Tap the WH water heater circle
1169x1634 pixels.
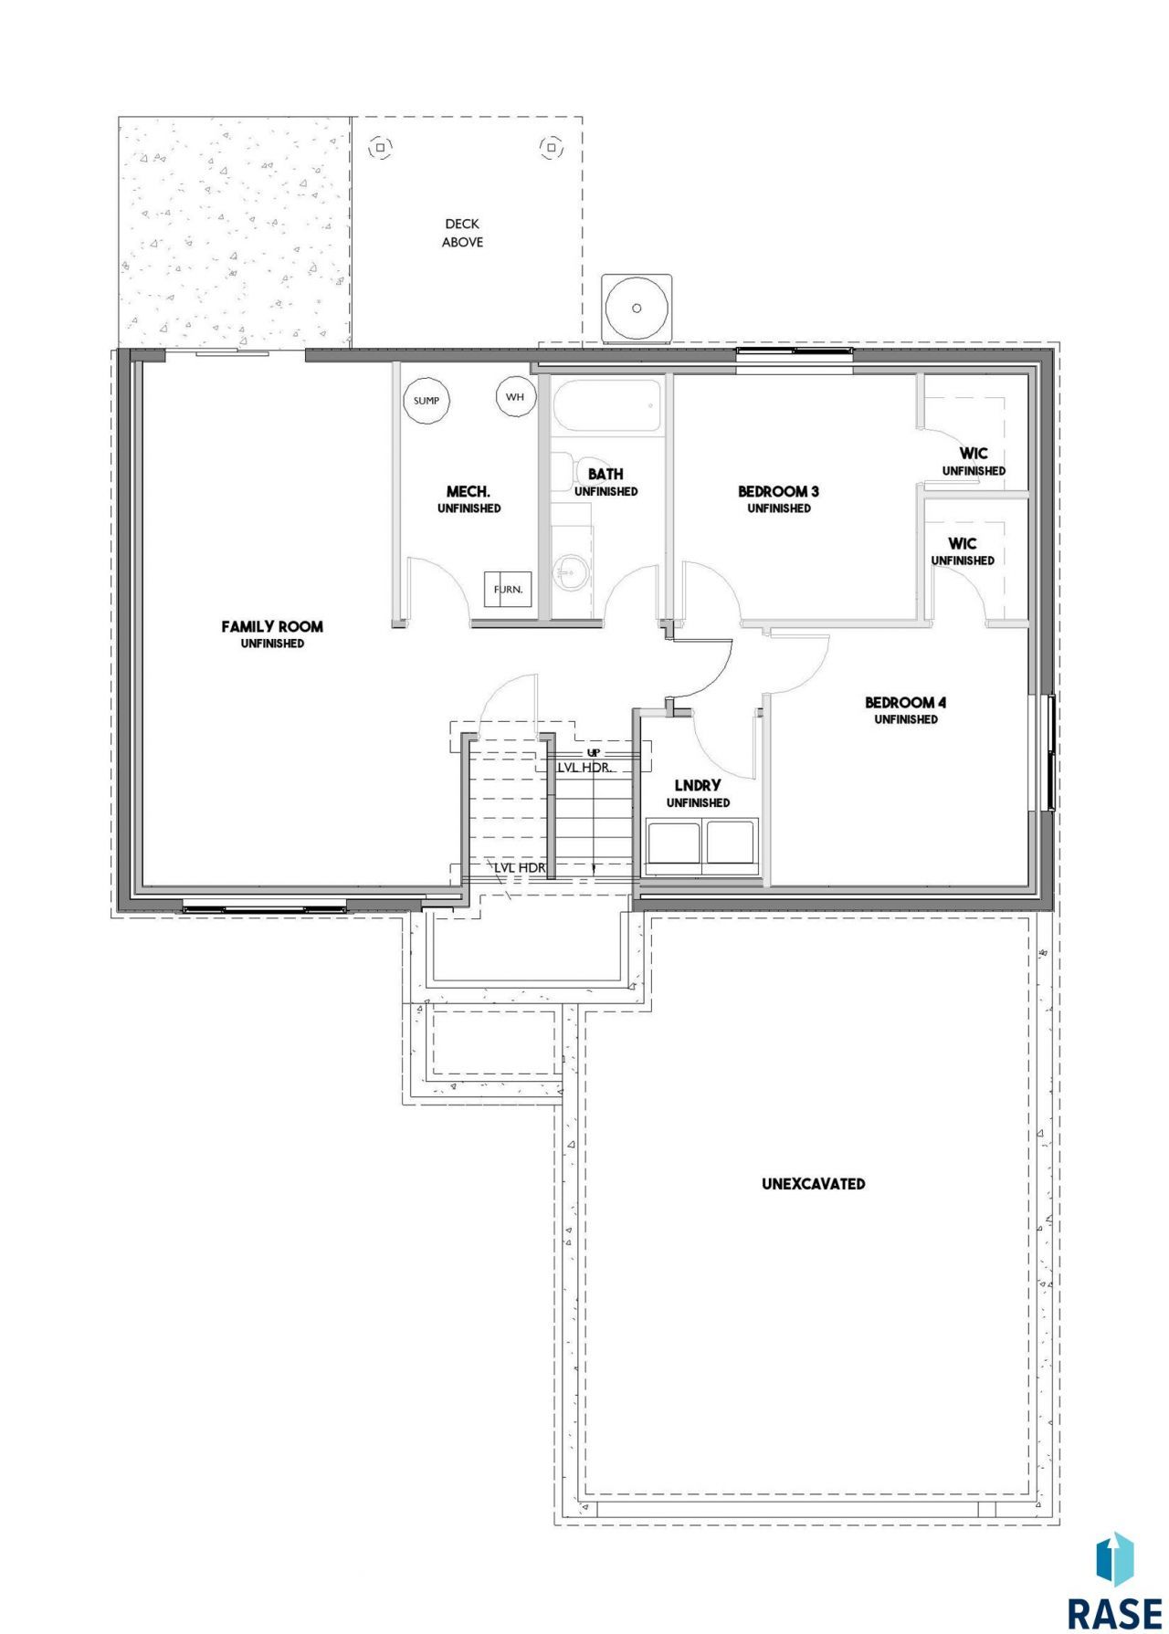coord(514,397)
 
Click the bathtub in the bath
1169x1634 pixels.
coord(606,406)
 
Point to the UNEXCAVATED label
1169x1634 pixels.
coord(814,1183)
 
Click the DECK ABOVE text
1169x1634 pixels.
coord(462,233)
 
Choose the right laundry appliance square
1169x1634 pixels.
coord(732,843)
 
